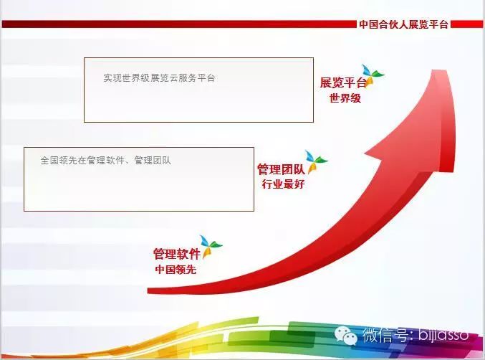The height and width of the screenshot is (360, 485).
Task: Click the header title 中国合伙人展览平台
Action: pyautogui.click(x=403, y=24)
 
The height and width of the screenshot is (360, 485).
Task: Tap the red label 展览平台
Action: pyautogui.click(x=343, y=82)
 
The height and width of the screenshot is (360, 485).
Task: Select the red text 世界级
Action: pyautogui.click(x=345, y=98)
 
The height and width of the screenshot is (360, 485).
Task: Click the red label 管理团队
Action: pyautogui.click(x=281, y=169)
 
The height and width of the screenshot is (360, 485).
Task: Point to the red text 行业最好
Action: pyautogui.click(x=283, y=184)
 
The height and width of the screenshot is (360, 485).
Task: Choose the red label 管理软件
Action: pyautogui.click(x=177, y=254)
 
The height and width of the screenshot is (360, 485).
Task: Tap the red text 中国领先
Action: pyautogui.click(x=176, y=270)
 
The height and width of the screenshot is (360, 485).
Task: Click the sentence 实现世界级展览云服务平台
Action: pyautogui.click(x=159, y=77)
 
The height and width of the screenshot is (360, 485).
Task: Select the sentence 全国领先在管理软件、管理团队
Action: pyautogui.click(x=105, y=161)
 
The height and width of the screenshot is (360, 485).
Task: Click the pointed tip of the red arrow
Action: pyautogui.click(x=439, y=70)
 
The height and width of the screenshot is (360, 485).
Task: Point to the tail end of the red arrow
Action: pyautogui.click(x=148, y=290)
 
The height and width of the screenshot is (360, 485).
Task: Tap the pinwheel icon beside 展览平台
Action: pyautogui.click(x=373, y=75)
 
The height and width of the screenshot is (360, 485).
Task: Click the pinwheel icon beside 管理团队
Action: pyautogui.click(x=316, y=161)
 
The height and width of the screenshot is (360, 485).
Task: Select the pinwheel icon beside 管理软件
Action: pyautogui.click(x=211, y=246)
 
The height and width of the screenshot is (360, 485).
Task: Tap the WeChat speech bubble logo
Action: pyautogui.click(x=346, y=336)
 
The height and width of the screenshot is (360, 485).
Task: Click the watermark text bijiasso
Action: pyautogui.click(x=443, y=335)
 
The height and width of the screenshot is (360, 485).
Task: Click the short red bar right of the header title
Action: pyautogui.click(x=467, y=24)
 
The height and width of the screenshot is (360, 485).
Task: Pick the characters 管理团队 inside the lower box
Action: pyautogui.click(x=153, y=161)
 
